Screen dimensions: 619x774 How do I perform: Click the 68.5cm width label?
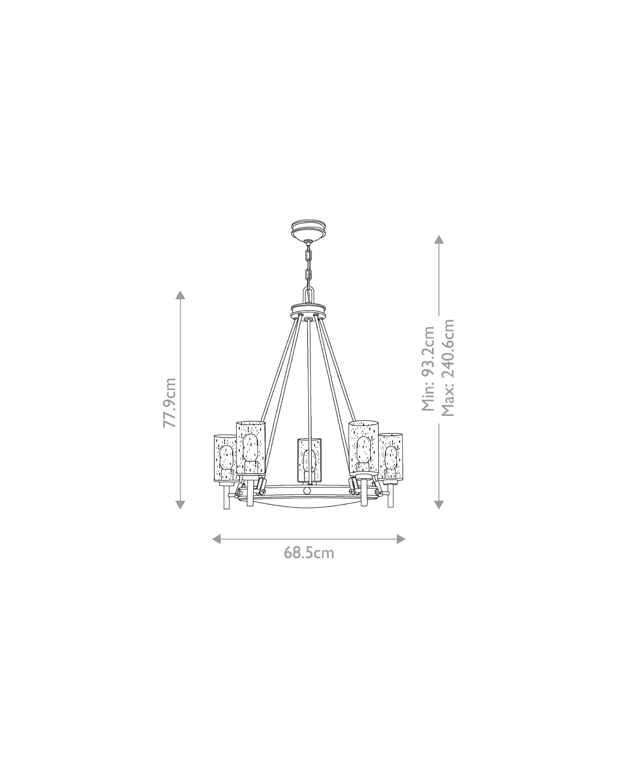(309, 553)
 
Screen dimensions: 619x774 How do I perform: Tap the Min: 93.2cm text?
(428, 368)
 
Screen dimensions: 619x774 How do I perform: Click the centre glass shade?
(309, 461)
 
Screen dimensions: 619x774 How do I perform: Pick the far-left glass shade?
(226, 459)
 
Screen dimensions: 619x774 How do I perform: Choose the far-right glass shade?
(391, 457)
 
